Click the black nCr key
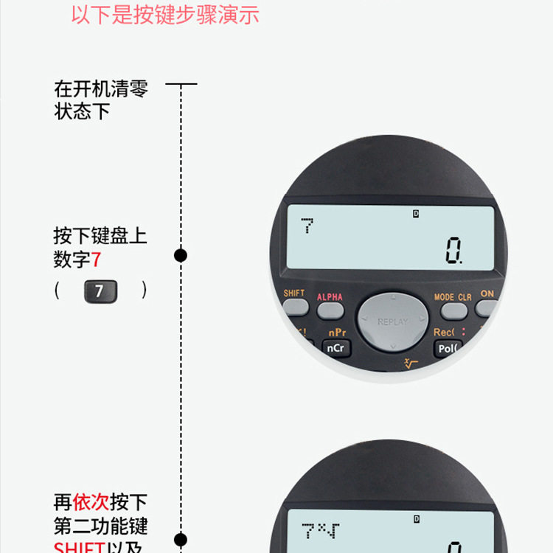(335, 347)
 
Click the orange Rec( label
(445, 333)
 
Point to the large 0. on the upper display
(453, 252)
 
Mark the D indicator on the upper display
(416, 214)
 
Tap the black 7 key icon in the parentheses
(99, 291)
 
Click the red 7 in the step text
(96, 260)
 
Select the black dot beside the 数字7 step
(180, 256)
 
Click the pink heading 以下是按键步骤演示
(165, 15)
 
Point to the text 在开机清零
(101, 89)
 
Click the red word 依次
(91, 503)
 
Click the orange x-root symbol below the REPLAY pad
(411, 363)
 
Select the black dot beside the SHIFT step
(180, 539)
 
